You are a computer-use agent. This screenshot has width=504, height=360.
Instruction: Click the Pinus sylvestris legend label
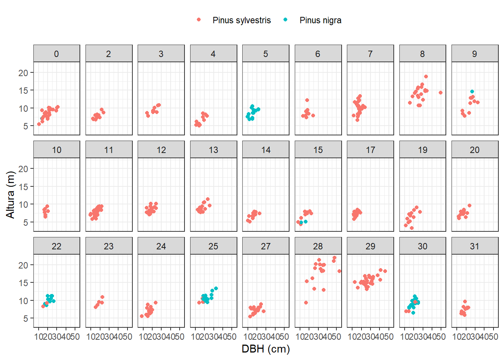[241, 20]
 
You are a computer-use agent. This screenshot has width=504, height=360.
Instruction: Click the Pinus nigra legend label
[320, 20]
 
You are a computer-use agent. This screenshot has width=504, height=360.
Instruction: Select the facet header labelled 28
[318, 246]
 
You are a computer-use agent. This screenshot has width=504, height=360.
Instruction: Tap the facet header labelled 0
[56, 54]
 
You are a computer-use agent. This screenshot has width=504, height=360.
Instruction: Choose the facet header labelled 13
[213, 150]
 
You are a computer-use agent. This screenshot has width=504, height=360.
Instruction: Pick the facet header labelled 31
[475, 246]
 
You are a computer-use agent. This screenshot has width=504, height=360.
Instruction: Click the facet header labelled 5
[265, 54]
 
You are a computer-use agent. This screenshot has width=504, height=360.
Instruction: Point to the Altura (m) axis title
[10, 195]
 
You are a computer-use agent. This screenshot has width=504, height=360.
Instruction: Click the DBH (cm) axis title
[265, 349]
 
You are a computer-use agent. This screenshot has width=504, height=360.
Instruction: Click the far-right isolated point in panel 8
[441, 93]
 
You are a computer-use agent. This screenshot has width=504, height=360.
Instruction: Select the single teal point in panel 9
[472, 91]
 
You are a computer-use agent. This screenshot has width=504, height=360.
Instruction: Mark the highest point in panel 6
[307, 100]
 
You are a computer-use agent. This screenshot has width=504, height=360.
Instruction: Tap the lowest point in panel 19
[412, 228]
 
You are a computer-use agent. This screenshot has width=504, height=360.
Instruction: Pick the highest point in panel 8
[426, 76]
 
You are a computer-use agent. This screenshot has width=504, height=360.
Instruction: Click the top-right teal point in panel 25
[216, 288]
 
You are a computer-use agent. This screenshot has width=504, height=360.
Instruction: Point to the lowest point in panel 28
[306, 303]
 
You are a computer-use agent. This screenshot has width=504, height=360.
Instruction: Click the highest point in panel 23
[102, 297]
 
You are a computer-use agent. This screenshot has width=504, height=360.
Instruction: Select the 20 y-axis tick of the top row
[23, 73]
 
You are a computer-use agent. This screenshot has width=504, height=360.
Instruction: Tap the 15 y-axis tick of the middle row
[23, 187]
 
